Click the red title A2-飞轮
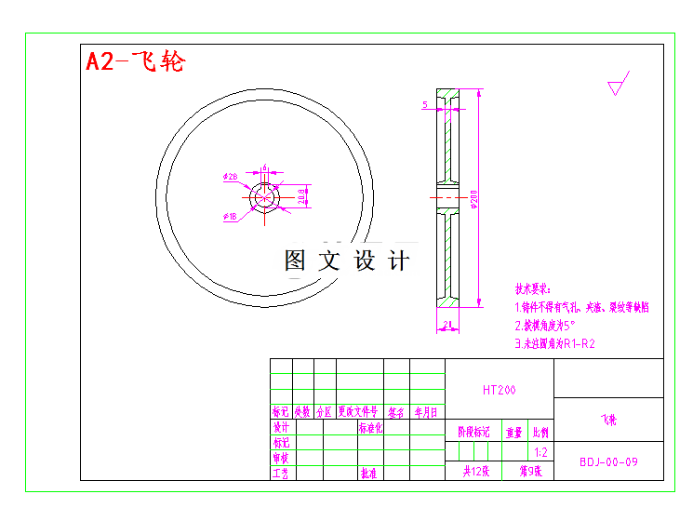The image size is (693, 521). (x=136, y=61)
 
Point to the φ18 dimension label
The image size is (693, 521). (x=230, y=217)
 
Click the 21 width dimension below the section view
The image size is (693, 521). (x=447, y=326)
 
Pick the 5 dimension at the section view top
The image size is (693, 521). (x=425, y=105)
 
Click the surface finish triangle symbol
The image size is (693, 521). (x=616, y=88)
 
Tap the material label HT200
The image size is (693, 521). (x=499, y=391)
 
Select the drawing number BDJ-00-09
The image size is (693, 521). (x=608, y=461)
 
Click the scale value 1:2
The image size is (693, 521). (x=540, y=451)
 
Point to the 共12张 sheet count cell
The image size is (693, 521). (x=475, y=472)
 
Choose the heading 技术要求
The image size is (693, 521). (x=533, y=289)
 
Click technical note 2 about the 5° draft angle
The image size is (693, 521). (x=546, y=326)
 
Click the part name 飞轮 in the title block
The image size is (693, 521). (x=607, y=421)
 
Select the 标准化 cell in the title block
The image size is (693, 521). (x=370, y=429)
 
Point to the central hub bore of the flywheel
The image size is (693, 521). (x=265, y=197)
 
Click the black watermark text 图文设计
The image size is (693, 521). (x=346, y=261)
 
